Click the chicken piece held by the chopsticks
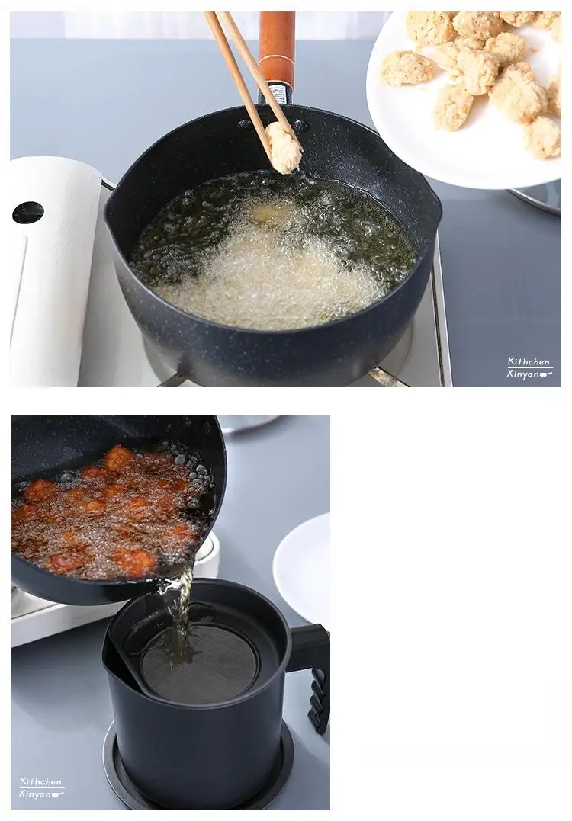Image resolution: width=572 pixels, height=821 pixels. tap(284, 147)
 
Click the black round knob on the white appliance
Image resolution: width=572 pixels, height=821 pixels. tap(27, 213)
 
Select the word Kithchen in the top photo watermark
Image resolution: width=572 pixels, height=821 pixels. tap(529, 361)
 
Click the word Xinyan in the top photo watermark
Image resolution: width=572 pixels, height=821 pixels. tap(524, 374)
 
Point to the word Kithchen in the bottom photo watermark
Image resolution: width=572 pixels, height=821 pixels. tap(40, 781)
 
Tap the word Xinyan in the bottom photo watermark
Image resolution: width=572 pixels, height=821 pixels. tap(35, 794)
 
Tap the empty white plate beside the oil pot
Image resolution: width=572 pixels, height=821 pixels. tap(302, 568)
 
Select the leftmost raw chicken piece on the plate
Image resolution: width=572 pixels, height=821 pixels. tap(407, 68)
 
